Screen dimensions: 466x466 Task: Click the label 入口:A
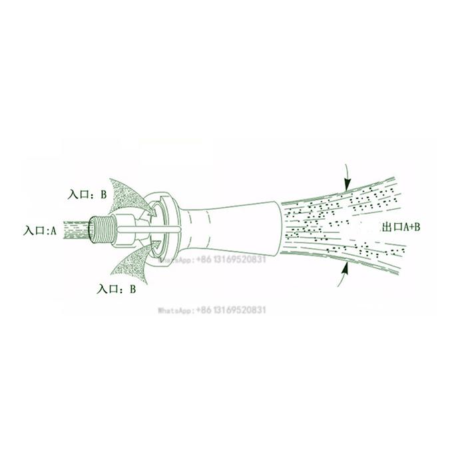click(39, 230)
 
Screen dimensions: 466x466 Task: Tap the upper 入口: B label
click(87, 194)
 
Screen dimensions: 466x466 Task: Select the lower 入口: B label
click(116, 289)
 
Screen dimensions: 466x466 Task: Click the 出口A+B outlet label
click(401, 228)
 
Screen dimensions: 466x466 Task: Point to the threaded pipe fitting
click(102, 230)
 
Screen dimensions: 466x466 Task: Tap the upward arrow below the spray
click(344, 274)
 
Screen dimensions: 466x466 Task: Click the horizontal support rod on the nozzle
click(148, 230)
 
